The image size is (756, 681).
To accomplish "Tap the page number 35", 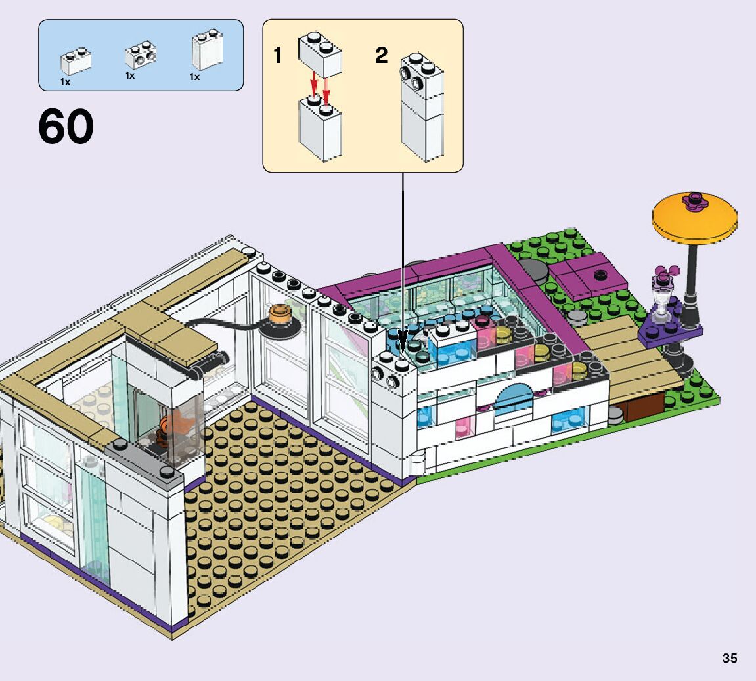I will [x=730, y=658].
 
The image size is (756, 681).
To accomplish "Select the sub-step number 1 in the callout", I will [x=278, y=56].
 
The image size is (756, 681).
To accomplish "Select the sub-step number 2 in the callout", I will [x=382, y=56].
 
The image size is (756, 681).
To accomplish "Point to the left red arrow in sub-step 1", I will [x=314, y=85].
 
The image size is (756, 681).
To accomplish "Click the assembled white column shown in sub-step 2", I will [x=422, y=112].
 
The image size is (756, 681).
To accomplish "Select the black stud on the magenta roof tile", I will [x=599, y=274].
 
